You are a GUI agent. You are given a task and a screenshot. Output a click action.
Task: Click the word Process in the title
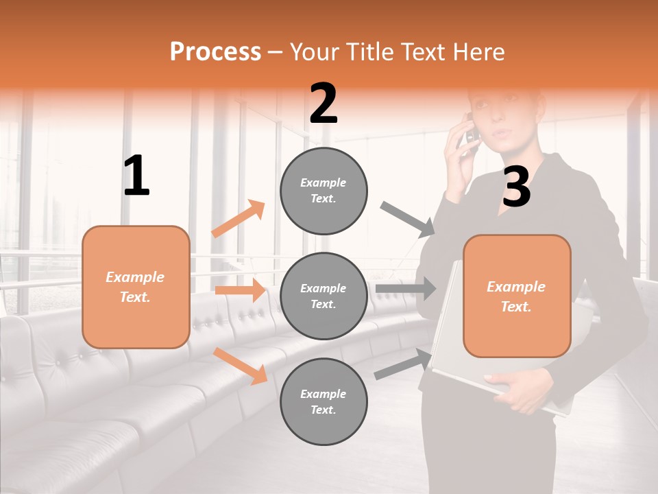215,51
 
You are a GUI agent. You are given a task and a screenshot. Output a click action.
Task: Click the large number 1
136,176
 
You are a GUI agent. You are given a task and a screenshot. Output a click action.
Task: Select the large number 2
324,104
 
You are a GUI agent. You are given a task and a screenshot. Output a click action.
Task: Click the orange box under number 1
136,287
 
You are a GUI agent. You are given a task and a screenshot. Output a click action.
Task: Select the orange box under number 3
517,296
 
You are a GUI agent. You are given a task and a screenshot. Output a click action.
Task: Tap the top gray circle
324,191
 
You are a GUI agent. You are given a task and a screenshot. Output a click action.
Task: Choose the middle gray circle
324,296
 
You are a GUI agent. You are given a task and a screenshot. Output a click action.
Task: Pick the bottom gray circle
324,402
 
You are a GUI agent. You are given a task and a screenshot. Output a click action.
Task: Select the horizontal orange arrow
240,290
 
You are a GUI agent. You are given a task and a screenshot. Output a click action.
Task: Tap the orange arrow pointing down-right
240,365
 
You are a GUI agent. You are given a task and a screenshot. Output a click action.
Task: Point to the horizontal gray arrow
405,288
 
